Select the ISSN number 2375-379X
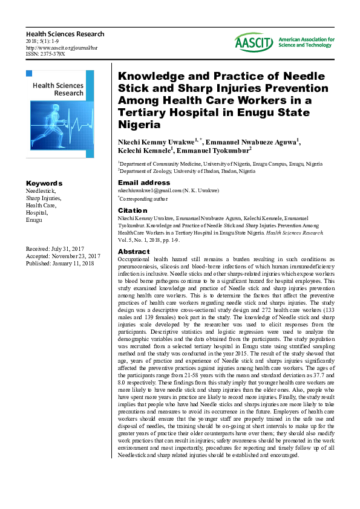[45, 54]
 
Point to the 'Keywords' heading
[44, 183]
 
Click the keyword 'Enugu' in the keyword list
[34, 220]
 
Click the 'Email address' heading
[144, 183]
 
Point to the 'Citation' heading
[133, 210]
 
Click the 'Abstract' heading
[134, 251]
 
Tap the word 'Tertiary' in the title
[143, 113]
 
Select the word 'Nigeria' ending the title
[139, 125]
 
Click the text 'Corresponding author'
[145, 198]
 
